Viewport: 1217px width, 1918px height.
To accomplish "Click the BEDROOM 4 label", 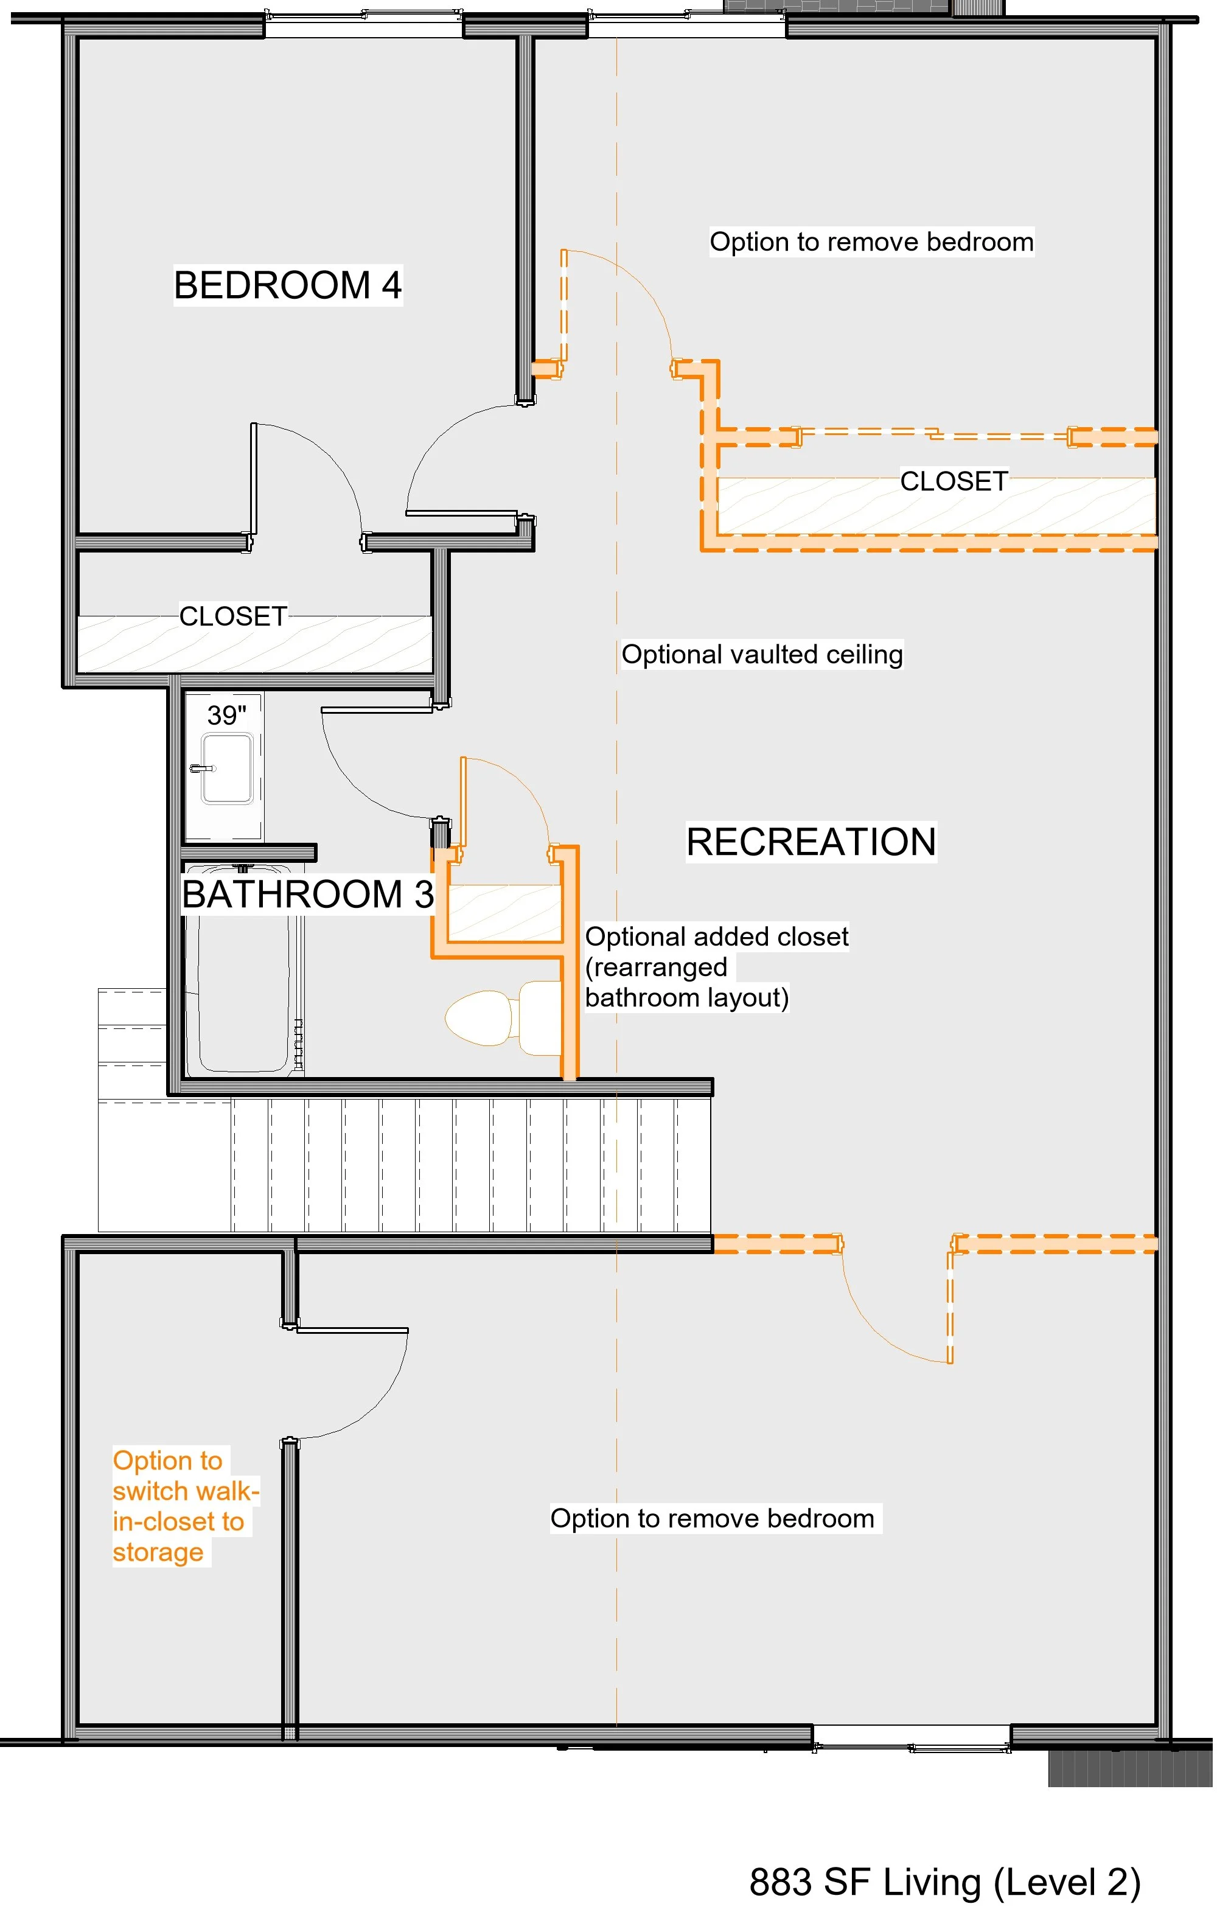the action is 288,285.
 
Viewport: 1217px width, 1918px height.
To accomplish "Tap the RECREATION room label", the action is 811,842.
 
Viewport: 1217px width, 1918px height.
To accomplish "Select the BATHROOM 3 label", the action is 307,894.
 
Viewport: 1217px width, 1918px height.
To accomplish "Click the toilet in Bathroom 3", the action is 503,1018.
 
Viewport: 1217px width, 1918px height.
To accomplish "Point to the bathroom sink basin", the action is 228,769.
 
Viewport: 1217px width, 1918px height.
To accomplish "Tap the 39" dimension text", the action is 226,715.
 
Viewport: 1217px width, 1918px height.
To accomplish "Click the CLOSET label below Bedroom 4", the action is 232,616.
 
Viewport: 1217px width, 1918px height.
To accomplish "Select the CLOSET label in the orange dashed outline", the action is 954,481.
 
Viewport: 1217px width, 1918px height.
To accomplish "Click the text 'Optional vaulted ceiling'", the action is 761,655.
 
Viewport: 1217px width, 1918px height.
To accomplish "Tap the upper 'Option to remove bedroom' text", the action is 871,242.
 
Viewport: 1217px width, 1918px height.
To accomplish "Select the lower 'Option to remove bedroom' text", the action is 713,1518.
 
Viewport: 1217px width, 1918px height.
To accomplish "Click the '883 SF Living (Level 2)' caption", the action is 944,1882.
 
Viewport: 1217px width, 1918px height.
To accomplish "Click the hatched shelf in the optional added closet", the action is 505,913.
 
